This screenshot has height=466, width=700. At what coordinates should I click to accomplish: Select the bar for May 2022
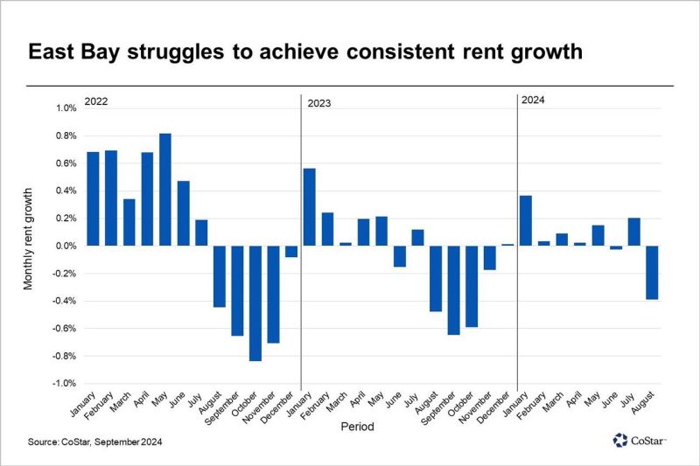click(x=165, y=190)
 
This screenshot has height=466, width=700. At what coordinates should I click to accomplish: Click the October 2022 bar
click(x=255, y=303)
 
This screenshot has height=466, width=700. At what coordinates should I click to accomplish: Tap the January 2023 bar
click(x=309, y=207)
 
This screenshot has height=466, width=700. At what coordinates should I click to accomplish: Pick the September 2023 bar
click(x=453, y=290)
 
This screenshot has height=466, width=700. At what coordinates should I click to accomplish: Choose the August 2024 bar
click(x=652, y=273)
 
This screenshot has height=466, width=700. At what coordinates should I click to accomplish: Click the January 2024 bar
click(x=526, y=220)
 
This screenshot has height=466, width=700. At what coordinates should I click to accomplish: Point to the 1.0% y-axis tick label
click(x=66, y=108)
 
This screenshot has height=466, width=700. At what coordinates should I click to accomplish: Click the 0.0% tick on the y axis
click(x=66, y=246)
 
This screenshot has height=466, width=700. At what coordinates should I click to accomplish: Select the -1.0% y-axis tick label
click(x=65, y=383)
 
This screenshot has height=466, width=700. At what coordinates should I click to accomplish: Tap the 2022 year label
click(x=96, y=101)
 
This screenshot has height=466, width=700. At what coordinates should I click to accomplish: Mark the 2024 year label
click(x=533, y=101)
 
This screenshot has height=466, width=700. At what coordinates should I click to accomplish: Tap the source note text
click(x=94, y=442)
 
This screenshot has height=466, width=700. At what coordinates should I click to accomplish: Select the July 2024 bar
click(x=634, y=232)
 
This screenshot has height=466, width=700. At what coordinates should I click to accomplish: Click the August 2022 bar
click(x=219, y=276)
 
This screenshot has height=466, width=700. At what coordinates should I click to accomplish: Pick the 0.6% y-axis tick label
click(x=66, y=163)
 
